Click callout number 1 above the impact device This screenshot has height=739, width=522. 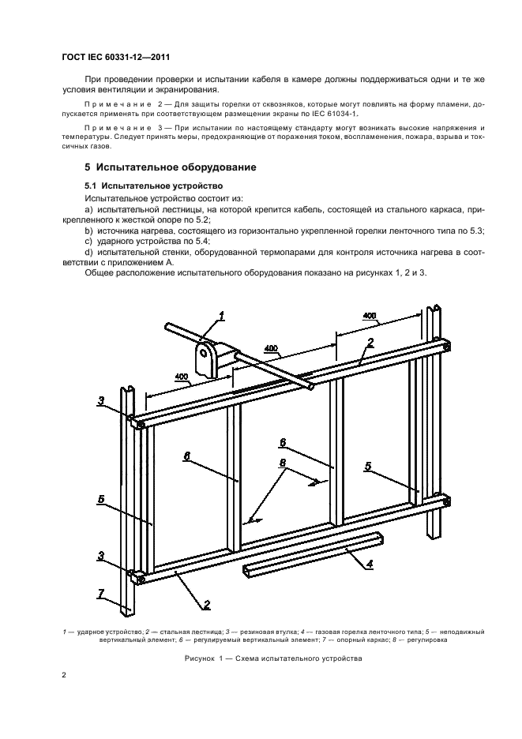222,316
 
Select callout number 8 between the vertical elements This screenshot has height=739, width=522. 282,463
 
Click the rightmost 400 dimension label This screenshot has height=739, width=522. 370,315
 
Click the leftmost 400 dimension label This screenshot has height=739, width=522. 181,377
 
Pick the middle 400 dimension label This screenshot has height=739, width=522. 271,347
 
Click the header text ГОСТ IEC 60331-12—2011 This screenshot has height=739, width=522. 116,58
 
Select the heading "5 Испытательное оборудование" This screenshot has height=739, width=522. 170,167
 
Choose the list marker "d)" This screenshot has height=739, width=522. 88,252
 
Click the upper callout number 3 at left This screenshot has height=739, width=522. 101,401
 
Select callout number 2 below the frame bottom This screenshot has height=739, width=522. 206,605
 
